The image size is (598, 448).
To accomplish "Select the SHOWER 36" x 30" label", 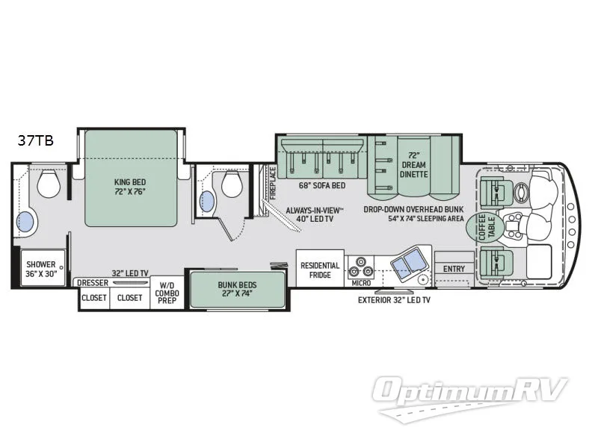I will (41, 269).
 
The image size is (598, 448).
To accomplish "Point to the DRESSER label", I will (93, 283).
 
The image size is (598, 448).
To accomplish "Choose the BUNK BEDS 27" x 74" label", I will (236, 289).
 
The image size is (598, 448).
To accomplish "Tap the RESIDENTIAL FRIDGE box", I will (320, 270).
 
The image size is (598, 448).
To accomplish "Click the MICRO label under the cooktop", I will (360, 284).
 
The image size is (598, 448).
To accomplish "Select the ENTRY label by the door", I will (454, 269).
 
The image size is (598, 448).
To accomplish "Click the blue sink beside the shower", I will (25, 222).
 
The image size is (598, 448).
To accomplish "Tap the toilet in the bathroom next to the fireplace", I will (231, 184).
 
